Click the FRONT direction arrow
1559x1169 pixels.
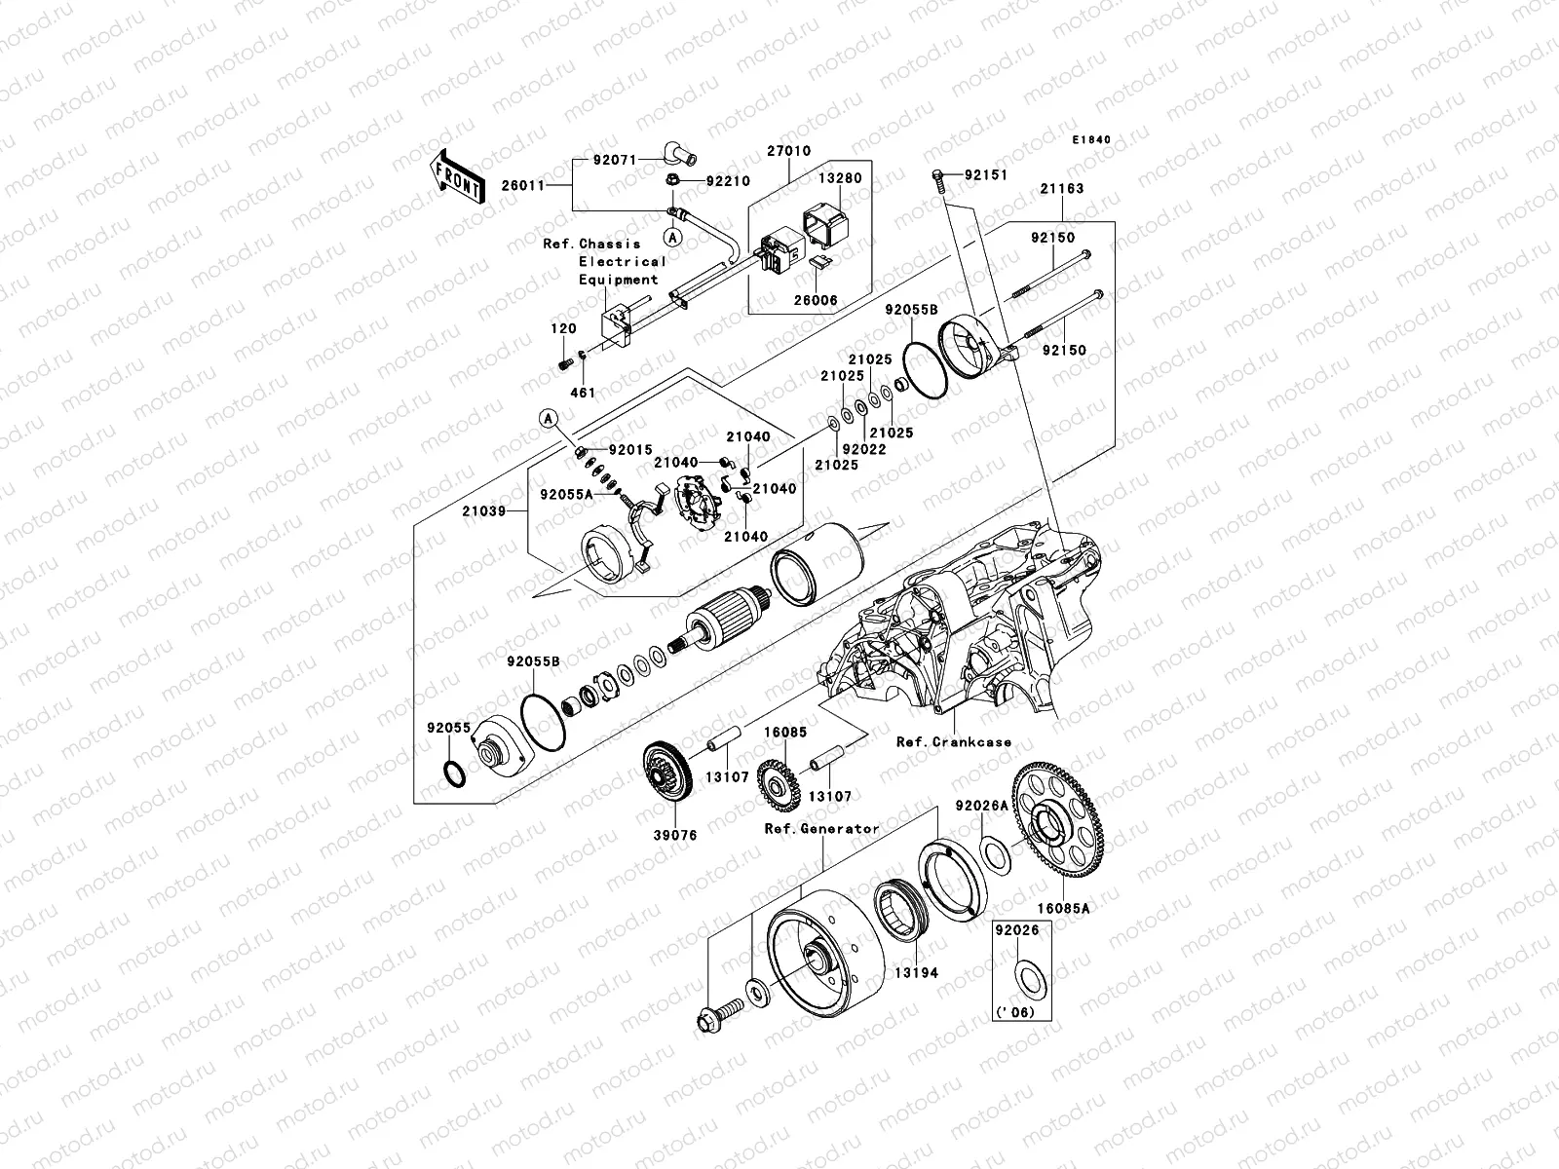[x=459, y=177]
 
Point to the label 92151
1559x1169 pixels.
[x=986, y=175]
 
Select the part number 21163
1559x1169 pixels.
[x=1060, y=189]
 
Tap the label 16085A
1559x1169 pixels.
[x=1062, y=907]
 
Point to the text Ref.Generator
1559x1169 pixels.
[x=821, y=829]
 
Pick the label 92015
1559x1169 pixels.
[x=628, y=451]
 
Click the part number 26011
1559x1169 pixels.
[x=548, y=184]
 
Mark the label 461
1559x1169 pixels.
[x=582, y=393]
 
